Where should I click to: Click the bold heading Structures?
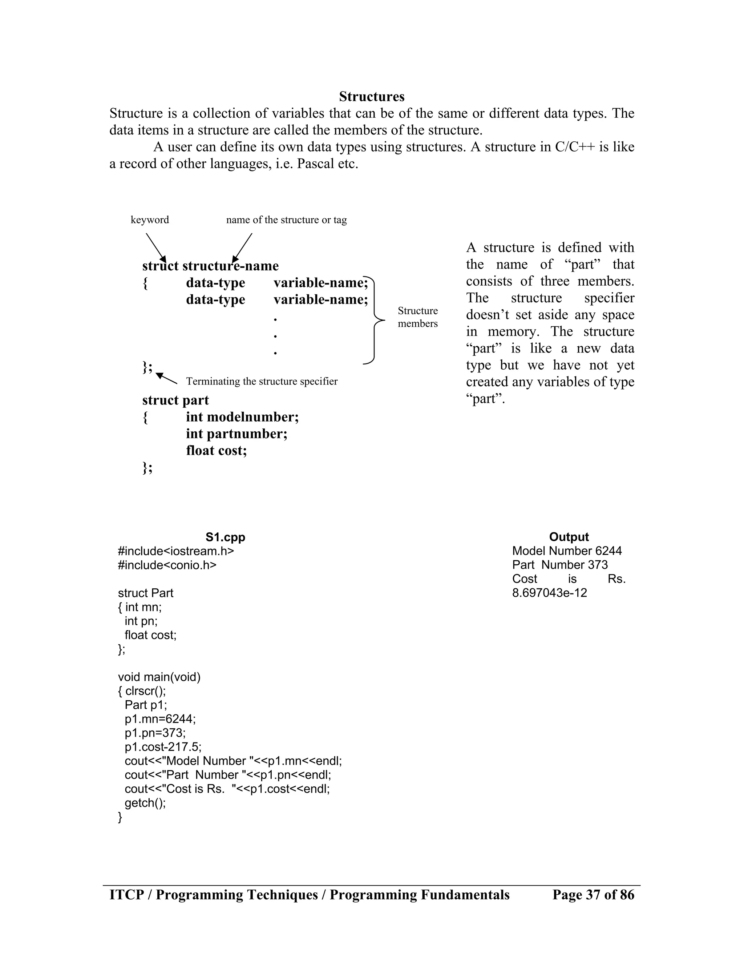coord(372,97)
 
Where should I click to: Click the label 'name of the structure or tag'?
coord(287,219)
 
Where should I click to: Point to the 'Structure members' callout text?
coord(417,317)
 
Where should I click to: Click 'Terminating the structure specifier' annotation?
coord(262,382)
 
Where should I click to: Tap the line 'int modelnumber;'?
coord(242,417)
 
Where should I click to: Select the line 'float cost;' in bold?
coord(217,451)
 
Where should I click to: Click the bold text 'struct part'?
coord(175,400)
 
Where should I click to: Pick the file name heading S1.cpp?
coord(225,537)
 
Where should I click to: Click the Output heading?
coord(569,537)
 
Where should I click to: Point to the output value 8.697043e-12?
coord(549,593)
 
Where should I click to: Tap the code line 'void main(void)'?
coord(159,677)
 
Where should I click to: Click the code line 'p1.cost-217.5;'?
coord(163,747)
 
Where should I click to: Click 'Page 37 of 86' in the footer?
coord(593,895)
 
